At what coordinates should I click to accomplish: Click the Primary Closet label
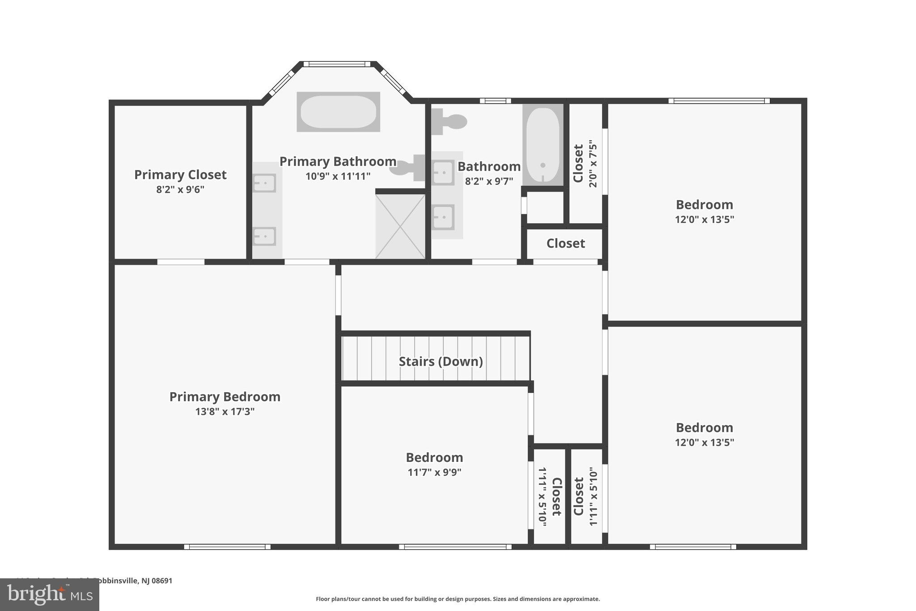180,175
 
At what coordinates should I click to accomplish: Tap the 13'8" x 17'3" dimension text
225,411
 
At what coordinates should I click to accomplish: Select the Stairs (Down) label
441,361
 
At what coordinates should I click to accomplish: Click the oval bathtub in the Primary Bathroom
338,111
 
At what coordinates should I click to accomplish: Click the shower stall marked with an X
400,226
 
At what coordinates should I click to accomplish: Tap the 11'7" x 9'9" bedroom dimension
434,472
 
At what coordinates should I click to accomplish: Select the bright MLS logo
49,594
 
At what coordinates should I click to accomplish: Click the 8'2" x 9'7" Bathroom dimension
489,181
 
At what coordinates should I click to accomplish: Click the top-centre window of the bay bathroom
337,64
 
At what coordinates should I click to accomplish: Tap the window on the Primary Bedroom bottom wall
227,547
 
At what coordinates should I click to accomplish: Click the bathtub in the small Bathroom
543,144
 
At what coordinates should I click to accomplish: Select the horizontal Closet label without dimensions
565,244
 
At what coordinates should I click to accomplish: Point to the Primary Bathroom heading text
338,161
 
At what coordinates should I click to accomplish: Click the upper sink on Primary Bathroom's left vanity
264,183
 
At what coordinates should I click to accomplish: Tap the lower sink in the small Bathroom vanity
443,217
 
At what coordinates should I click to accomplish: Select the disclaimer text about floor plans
458,599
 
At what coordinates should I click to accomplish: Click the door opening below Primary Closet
181,262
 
